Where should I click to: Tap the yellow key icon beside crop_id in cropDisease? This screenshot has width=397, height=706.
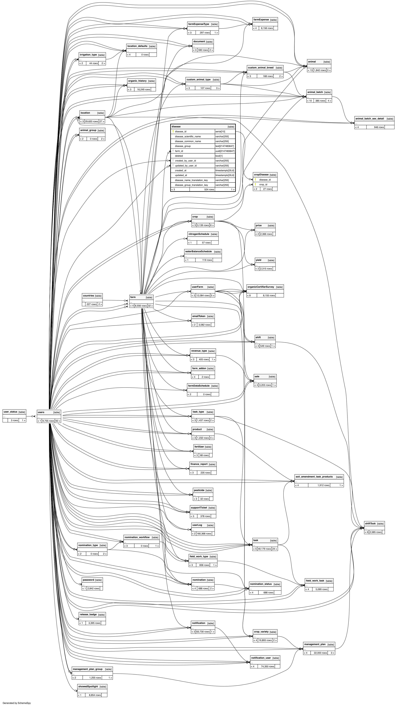click(255, 184)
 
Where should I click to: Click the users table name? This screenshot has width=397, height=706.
click(41, 412)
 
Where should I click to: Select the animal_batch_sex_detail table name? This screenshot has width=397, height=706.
click(369, 119)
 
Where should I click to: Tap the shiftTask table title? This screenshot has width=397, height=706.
click(370, 523)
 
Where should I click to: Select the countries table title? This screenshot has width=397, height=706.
click(88, 296)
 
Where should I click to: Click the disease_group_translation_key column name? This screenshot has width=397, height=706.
click(191, 185)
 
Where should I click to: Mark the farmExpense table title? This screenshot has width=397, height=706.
click(261, 20)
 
